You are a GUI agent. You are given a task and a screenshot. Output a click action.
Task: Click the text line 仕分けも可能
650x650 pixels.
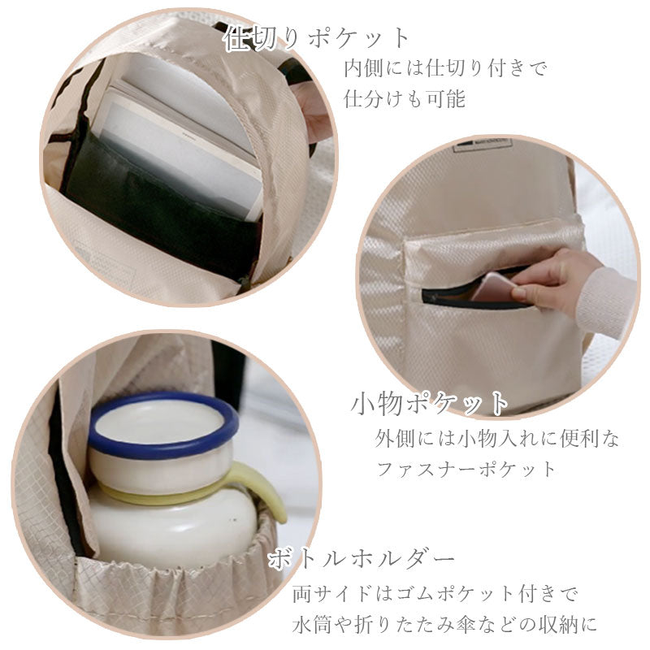tap(405, 100)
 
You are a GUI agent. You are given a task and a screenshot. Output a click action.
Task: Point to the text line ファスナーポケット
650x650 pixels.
tap(466, 469)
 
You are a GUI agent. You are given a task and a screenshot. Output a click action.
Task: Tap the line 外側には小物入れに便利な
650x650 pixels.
tap(496, 439)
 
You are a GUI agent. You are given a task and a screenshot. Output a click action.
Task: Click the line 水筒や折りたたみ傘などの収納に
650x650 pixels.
tap(445, 626)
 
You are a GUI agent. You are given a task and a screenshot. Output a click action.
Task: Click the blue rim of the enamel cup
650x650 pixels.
tap(162, 443)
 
